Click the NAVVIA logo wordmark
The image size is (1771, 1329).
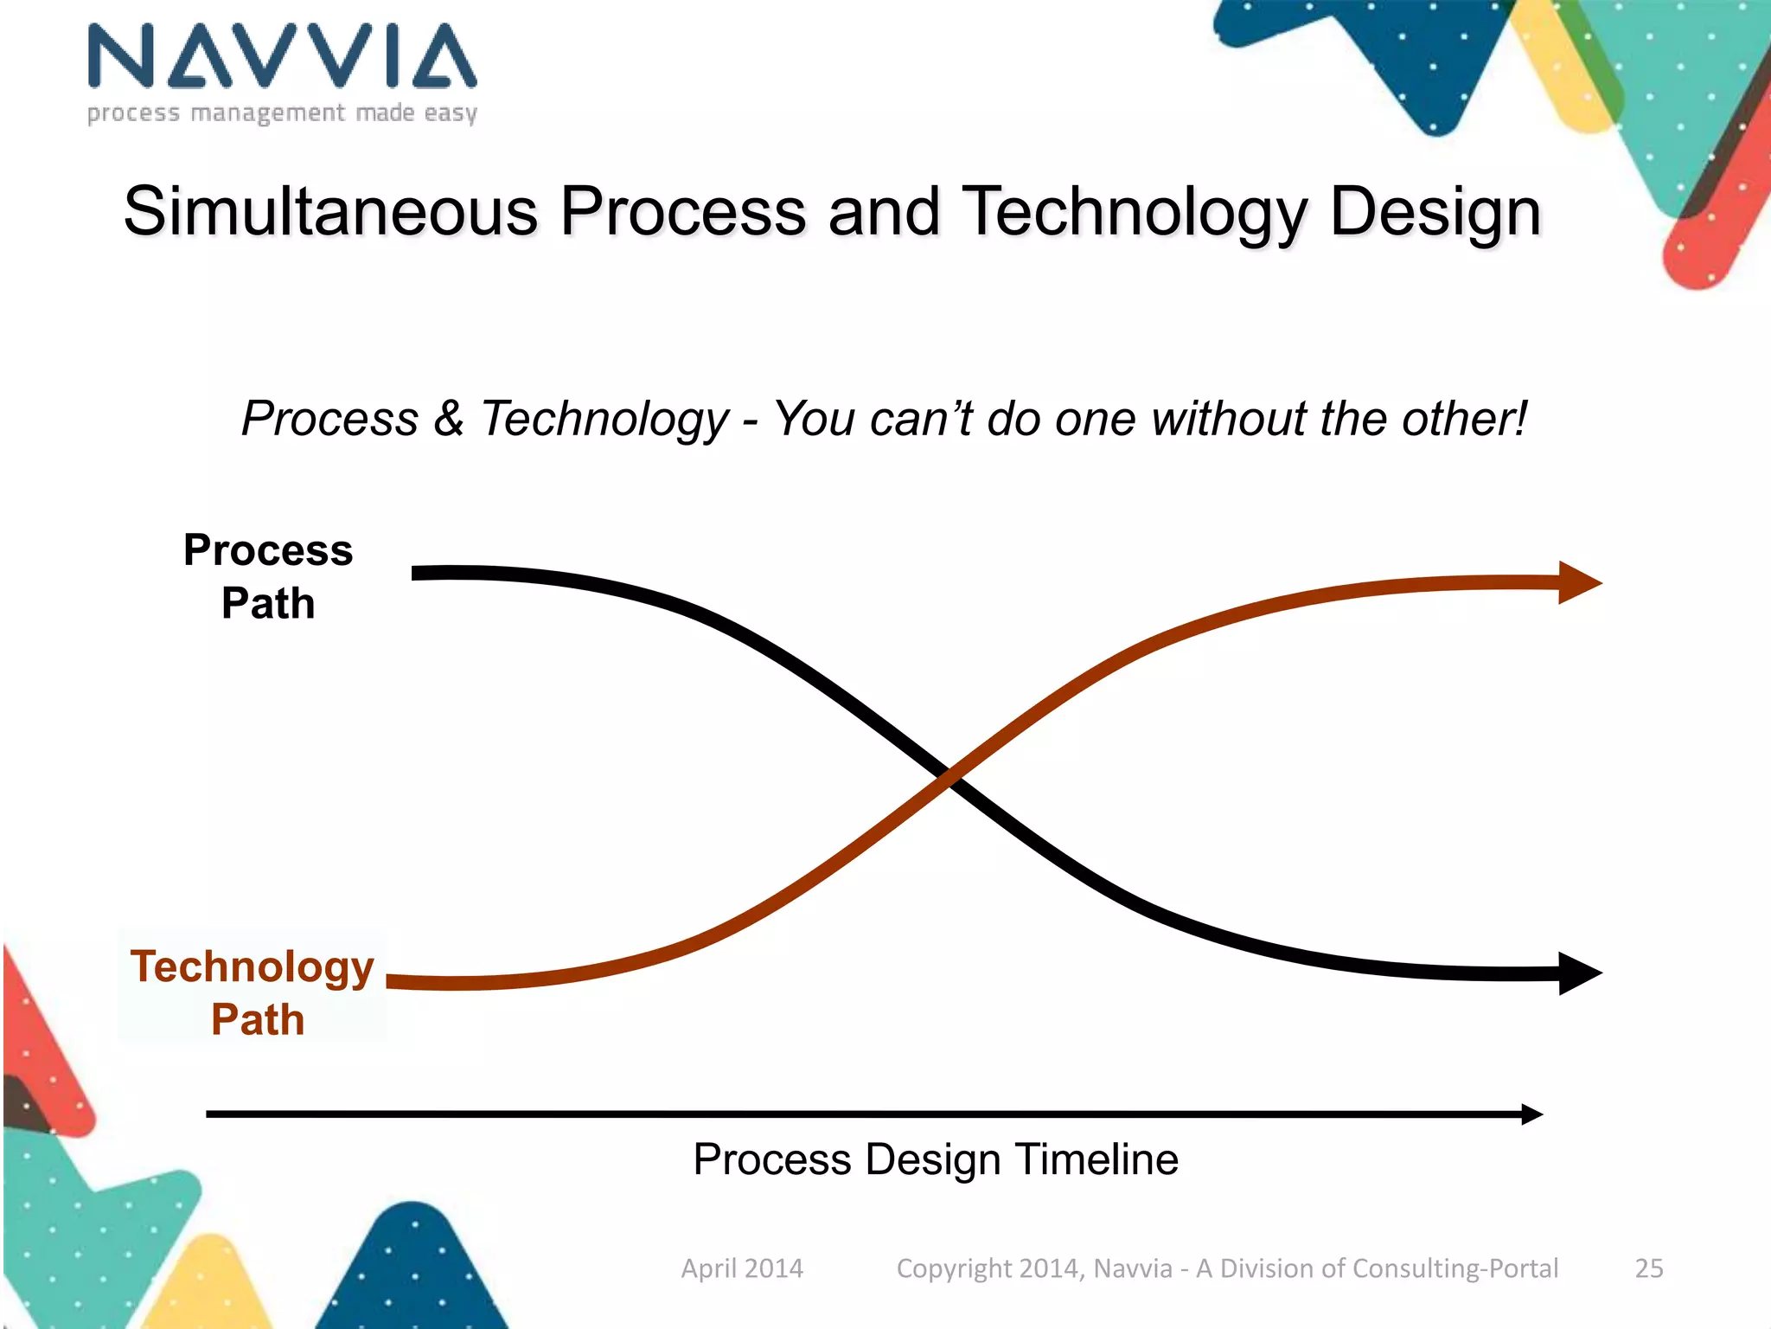coord(282,56)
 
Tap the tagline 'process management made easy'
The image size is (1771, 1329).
coord(282,113)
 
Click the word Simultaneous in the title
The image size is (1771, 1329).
coord(331,212)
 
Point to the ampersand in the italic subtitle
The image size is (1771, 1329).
coord(449,419)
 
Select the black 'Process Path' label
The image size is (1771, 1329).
coord(268,576)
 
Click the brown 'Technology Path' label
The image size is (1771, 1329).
coord(253,992)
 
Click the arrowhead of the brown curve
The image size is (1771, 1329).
coord(1580,583)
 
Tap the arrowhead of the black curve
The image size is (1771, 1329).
coord(1580,973)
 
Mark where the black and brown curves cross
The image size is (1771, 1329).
coord(949,776)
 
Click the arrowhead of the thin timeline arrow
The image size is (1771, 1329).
coord(1532,1114)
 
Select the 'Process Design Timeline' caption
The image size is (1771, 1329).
coord(936,1159)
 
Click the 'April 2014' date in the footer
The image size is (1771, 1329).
coord(742,1268)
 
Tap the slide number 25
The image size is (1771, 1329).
coord(1649,1268)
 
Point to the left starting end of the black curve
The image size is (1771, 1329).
coord(418,573)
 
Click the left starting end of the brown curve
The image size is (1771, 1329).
coord(392,981)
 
